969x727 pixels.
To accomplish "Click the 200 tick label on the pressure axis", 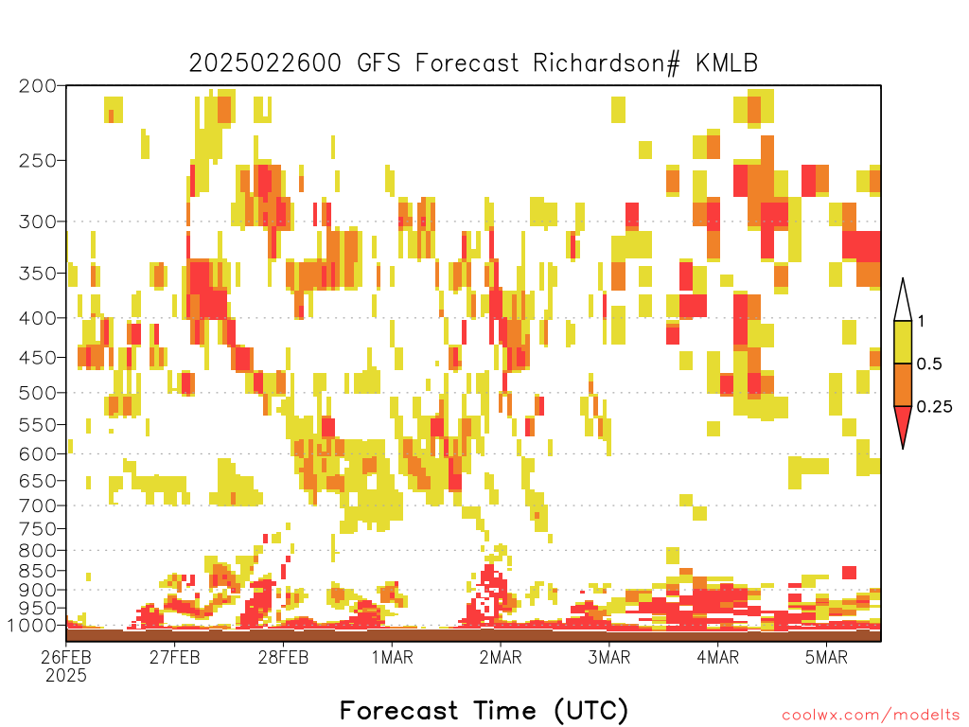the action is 37,86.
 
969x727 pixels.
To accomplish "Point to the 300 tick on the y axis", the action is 37,222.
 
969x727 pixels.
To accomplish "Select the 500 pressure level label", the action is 37,393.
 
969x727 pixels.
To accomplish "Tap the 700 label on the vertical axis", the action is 37,505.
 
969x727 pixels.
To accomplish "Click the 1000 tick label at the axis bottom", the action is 32,625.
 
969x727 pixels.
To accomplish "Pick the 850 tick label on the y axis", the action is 37,571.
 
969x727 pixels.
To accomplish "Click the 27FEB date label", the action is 174,657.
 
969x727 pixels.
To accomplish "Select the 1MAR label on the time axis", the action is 393,657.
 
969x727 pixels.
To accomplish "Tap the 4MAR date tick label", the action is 717,657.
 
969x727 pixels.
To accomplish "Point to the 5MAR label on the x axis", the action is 826,657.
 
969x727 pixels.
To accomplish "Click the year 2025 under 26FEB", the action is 66,676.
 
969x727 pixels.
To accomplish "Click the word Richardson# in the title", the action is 607,63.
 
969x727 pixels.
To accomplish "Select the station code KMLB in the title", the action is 727,63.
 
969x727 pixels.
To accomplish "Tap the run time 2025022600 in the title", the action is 265,63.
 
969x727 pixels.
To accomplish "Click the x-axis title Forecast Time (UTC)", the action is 484,710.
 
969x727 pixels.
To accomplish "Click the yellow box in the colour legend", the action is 903,342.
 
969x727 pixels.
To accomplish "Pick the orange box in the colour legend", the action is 903,384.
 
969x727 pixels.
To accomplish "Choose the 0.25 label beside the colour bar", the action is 934,406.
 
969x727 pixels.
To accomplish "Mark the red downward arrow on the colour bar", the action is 903,423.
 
